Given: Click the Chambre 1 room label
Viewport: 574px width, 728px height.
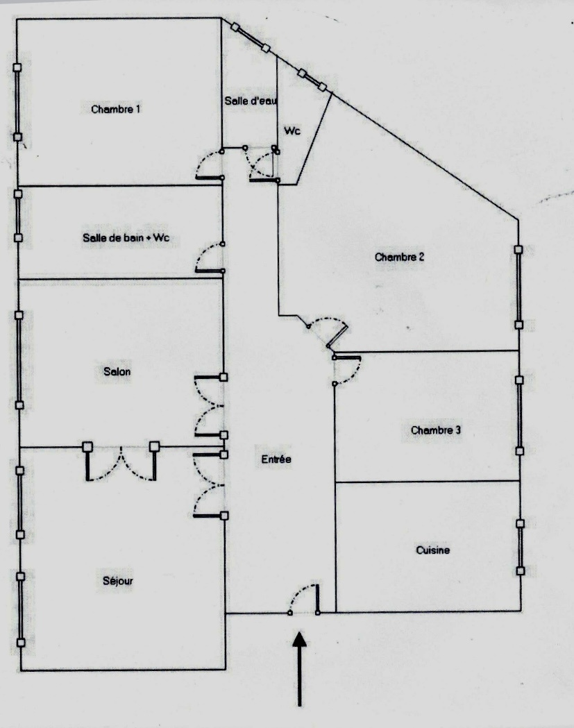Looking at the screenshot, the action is click(116, 110).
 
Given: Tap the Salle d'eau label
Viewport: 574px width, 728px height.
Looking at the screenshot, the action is click(251, 101).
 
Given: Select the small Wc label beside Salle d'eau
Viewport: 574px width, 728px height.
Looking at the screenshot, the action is click(292, 131).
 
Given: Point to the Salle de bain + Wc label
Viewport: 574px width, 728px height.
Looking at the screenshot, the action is click(126, 238).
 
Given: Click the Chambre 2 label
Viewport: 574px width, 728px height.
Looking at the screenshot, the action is click(399, 257).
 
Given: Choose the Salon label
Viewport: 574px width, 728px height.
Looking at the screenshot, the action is click(117, 371).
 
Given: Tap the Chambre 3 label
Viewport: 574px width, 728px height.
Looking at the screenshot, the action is click(436, 430).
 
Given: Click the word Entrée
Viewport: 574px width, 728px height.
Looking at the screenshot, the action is click(276, 459).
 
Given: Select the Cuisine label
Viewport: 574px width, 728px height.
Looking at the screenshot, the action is click(433, 550).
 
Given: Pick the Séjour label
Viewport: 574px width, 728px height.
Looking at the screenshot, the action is click(118, 581).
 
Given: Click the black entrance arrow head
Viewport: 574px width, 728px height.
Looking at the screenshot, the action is click(300, 639).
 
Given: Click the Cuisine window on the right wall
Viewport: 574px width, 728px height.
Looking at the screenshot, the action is click(520, 547).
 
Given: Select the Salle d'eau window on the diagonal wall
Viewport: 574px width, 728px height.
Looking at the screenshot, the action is click(251, 38).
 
